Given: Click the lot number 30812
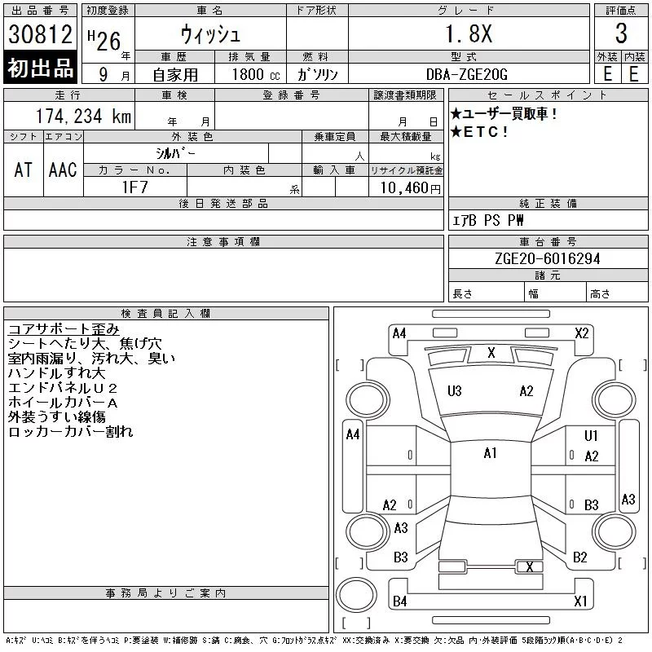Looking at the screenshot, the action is coord(40,34).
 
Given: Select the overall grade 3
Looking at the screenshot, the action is coord(621,33).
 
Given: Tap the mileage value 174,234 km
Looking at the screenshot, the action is coord(83,116).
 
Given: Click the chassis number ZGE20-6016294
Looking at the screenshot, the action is coord(548,258).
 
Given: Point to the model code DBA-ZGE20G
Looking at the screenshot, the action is coord(467,74).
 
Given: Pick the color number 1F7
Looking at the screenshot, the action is coord(134,187).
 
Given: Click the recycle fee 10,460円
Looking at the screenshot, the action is coord(410,188).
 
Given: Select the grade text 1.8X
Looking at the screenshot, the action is coord(469,33).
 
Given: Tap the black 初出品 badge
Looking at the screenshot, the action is coord(40,67).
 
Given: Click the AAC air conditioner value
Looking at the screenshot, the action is coord(63,170).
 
